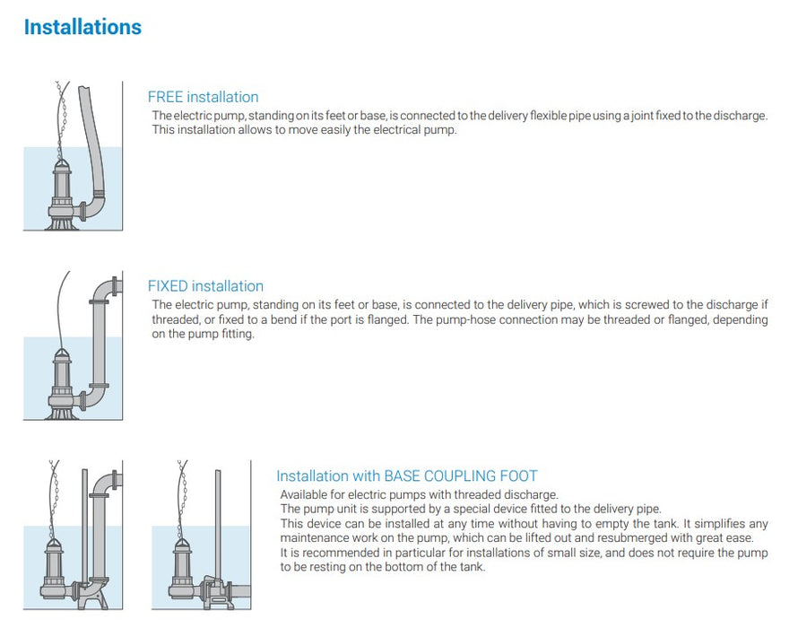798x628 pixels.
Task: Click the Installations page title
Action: [82, 27]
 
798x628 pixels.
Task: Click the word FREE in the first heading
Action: [166, 97]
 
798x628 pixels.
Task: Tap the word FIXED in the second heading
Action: [168, 286]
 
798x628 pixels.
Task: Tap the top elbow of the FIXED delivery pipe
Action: [107, 289]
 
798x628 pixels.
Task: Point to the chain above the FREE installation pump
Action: [62, 117]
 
